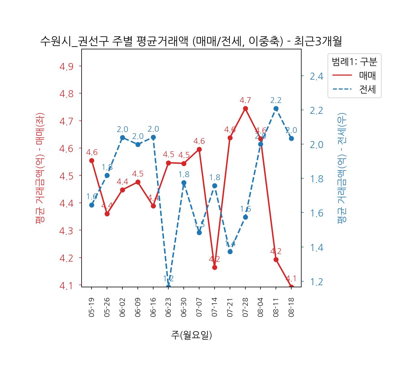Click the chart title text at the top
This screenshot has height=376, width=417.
click(x=191, y=41)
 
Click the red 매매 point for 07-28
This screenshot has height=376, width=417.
click(x=245, y=109)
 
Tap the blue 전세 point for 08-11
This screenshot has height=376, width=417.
click(x=276, y=109)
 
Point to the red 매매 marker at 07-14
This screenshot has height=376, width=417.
click(x=215, y=267)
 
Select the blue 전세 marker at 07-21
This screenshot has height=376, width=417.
click(x=230, y=252)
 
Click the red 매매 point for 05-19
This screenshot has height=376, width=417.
click(x=92, y=160)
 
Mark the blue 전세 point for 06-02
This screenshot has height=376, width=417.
click(x=122, y=138)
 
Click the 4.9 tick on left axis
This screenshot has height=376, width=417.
click(x=66, y=66)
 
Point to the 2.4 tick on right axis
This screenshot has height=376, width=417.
click(x=316, y=77)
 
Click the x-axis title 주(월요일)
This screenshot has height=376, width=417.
click(x=191, y=335)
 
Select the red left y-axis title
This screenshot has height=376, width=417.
click(x=40, y=168)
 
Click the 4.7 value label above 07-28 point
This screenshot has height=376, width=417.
click(x=245, y=100)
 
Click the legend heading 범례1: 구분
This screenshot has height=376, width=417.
click(x=354, y=62)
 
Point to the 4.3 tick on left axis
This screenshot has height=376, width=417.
click(x=66, y=231)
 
